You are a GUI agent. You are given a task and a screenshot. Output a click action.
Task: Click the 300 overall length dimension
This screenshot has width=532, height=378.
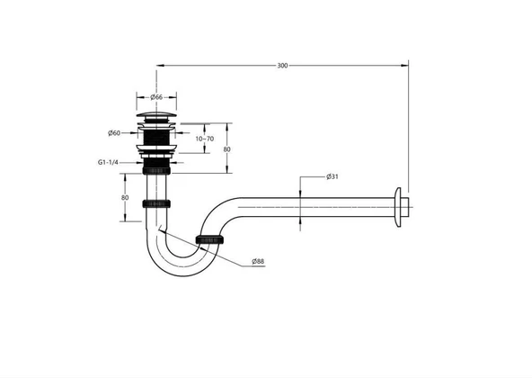(284, 66)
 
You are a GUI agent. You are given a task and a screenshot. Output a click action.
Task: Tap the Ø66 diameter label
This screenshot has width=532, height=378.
(156, 96)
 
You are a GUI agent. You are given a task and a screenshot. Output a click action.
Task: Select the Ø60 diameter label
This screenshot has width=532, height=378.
(115, 133)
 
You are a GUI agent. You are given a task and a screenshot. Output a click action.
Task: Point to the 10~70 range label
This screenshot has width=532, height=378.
(204, 139)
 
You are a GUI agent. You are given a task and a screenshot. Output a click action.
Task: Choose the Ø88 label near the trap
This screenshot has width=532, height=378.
(258, 261)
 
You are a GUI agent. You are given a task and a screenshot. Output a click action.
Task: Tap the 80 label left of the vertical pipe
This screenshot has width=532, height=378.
(125, 197)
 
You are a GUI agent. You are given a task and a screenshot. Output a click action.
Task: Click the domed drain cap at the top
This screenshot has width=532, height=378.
(157, 114)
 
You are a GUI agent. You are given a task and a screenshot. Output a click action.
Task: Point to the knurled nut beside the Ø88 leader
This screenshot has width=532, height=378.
(208, 238)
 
